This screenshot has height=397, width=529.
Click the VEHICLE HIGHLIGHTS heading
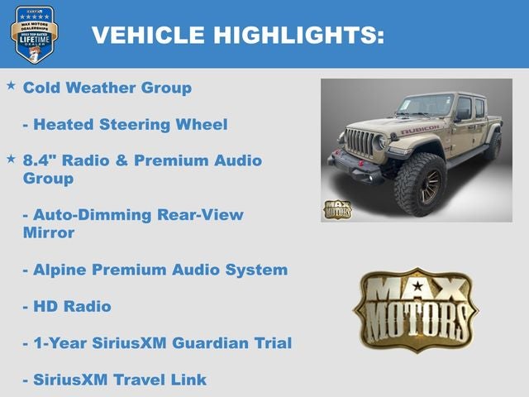pos(238,35)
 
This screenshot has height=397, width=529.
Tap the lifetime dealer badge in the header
pos(34,34)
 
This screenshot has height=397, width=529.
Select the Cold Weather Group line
pos(107,88)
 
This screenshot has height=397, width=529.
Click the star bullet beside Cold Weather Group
pos(11,86)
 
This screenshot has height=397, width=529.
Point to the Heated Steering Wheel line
pos(125,125)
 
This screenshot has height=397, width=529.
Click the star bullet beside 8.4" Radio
pos(11,158)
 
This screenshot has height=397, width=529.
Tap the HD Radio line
pos(67,306)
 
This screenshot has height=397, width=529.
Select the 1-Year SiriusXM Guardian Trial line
pos(157,342)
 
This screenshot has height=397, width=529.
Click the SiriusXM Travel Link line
pos(115,380)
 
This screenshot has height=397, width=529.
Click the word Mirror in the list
pos(49,232)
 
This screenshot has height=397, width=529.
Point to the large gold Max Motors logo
pos(415,309)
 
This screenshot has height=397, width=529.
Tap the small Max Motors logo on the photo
pos(337,209)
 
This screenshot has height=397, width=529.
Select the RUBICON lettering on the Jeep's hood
pos(420,131)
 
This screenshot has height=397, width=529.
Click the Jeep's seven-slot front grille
pos(361,141)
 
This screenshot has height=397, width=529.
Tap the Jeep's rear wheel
pos(493,146)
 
